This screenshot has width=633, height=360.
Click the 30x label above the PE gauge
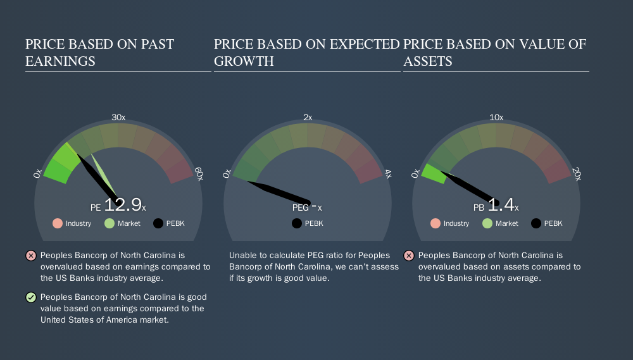118,118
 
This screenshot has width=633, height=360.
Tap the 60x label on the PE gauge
199,174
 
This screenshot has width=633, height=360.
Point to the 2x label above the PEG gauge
308,118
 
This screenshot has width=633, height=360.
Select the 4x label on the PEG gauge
388,174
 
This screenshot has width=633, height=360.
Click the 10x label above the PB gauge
496,118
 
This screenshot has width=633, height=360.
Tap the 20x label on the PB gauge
577,174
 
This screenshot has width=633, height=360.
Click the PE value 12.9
123,204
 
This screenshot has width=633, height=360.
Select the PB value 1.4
501,204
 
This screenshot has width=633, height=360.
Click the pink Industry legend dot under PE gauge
58,223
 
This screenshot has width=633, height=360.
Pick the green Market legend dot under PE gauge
110,223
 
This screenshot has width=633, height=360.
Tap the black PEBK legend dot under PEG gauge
297,223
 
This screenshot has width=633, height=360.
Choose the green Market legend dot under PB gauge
487,223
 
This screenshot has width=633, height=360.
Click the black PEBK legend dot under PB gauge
536,223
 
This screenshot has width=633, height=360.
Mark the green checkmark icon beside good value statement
31,297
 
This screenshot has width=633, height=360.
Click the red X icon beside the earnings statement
31,256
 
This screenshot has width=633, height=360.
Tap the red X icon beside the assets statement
409,256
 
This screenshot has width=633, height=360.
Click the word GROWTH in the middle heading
244,61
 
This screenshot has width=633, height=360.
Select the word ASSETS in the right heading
427,61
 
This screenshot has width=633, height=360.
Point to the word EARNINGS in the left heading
60,61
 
